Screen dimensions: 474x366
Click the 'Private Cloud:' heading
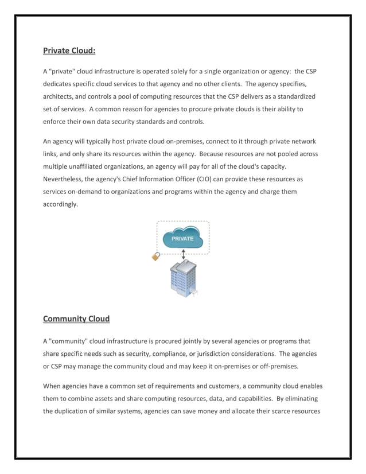[69, 51]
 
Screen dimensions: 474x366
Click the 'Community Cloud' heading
[76, 318]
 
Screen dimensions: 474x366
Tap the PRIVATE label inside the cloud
[182, 239]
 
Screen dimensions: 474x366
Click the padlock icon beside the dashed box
[155, 257]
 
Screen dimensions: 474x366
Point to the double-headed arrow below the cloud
[184, 254]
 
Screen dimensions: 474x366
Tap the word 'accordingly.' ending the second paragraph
[60, 204]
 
